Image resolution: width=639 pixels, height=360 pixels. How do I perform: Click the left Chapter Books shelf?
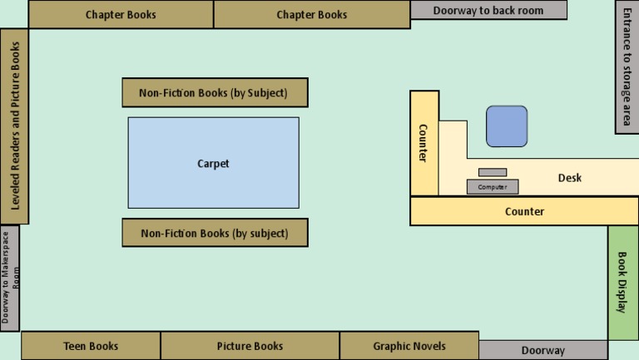(x=121, y=15)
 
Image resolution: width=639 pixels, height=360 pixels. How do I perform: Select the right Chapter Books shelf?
(x=312, y=15)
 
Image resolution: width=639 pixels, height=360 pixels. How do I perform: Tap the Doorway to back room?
(x=488, y=10)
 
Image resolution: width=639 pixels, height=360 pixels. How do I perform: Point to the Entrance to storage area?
(x=627, y=70)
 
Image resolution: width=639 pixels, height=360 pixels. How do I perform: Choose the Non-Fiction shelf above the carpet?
(x=215, y=92)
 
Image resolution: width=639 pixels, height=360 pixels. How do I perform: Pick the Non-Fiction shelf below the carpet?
(x=215, y=233)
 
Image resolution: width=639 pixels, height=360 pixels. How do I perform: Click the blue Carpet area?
(x=213, y=163)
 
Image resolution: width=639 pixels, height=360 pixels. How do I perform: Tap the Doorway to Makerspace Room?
(x=9, y=278)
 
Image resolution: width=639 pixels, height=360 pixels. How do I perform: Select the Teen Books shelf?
(x=91, y=346)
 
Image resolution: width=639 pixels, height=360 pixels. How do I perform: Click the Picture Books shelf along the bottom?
(x=250, y=346)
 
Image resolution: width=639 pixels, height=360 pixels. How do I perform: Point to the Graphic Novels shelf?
(x=409, y=346)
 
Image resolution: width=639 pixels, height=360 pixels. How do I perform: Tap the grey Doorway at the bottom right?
(x=542, y=350)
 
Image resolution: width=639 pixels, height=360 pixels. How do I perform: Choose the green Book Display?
(x=622, y=283)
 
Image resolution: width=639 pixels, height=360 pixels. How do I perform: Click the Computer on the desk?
(x=493, y=187)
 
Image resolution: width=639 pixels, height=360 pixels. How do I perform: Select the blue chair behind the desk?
(x=507, y=126)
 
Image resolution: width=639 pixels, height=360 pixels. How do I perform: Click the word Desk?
(x=570, y=178)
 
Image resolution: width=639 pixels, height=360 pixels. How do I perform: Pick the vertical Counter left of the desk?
(x=424, y=143)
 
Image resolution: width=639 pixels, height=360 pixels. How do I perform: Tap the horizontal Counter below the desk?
(x=524, y=211)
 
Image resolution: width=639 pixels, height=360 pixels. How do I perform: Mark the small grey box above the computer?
(x=493, y=172)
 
